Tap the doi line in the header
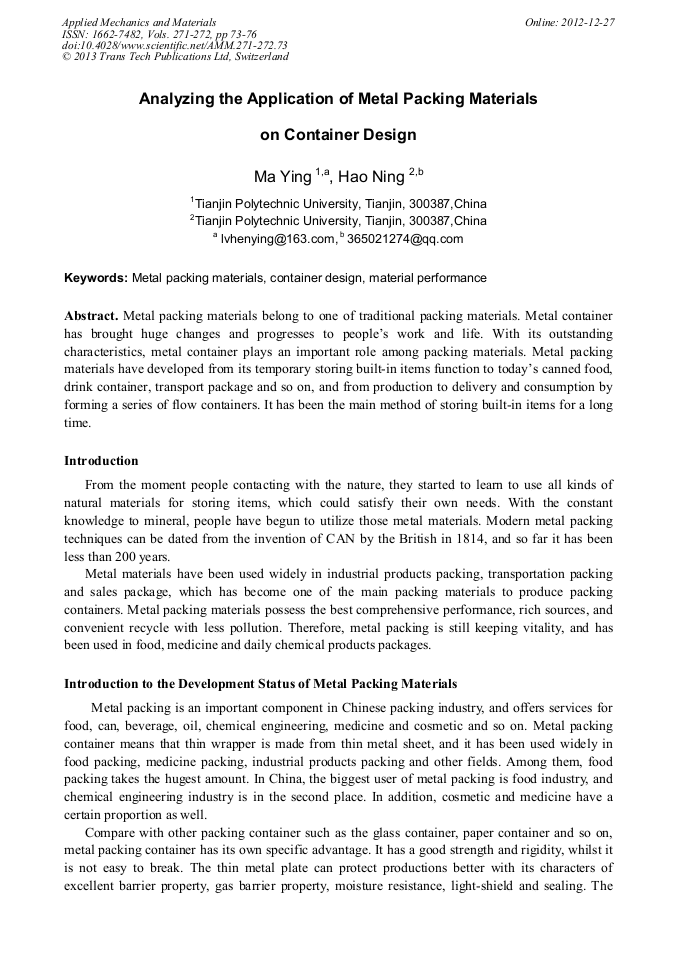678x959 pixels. click(x=175, y=45)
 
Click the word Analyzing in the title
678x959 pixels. click(x=176, y=99)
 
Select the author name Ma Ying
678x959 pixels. click(x=283, y=177)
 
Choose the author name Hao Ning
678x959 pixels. click(x=371, y=177)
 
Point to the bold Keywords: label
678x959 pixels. click(x=96, y=277)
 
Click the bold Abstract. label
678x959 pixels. click(x=91, y=315)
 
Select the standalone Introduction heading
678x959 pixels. click(x=101, y=461)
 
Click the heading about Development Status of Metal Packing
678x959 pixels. click(x=260, y=684)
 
